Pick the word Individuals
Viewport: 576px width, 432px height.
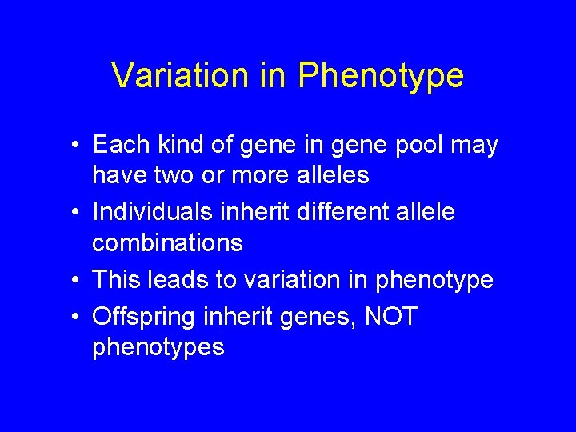[150, 212]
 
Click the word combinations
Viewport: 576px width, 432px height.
[167, 242]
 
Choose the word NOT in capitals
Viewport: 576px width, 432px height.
[390, 317]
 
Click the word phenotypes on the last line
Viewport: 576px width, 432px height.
[158, 348]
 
